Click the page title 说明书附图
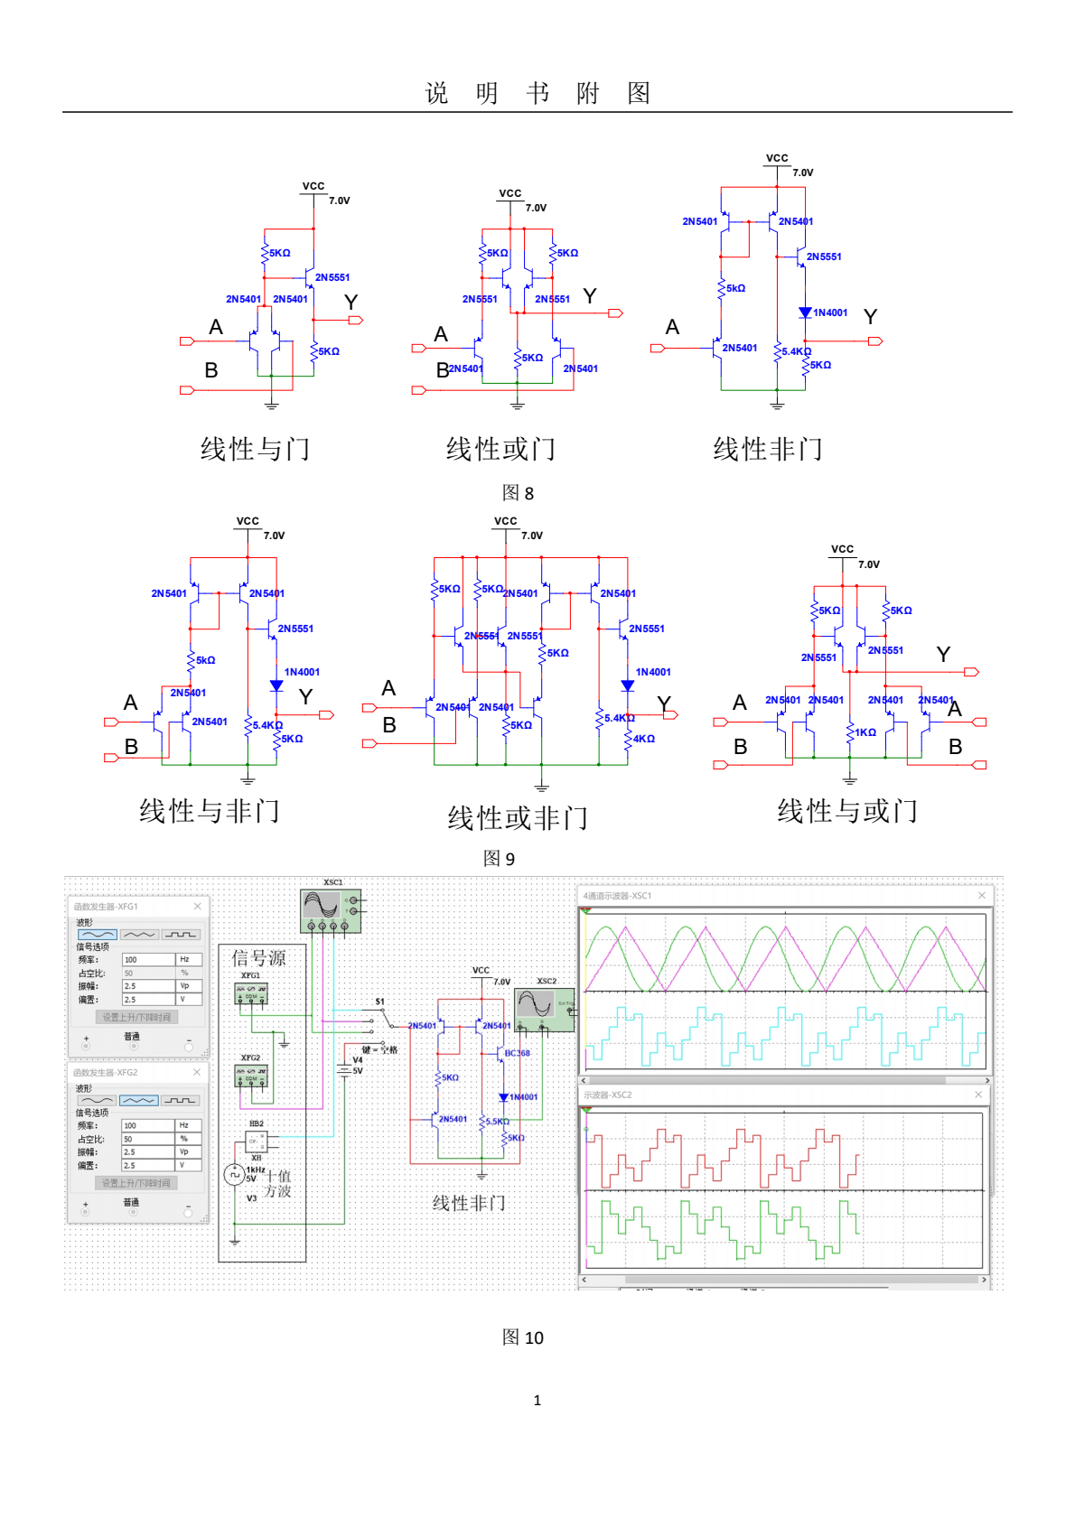(x=537, y=93)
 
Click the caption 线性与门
(x=255, y=449)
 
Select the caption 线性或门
(x=500, y=449)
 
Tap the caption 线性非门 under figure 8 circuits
(x=767, y=449)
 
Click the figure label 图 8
(x=518, y=493)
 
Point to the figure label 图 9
(x=499, y=859)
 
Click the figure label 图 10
(x=522, y=1337)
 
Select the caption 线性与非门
(x=209, y=811)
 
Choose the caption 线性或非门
(x=517, y=818)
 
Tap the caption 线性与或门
(x=847, y=811)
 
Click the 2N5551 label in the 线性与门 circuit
(x=332, y=278)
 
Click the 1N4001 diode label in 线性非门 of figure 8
(x=830, y=313)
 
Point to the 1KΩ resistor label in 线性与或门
(x=865, y=732)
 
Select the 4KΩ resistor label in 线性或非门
(x=644, y=739)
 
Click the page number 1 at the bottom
(x=537, y=1401)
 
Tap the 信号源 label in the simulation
(x=258, y=958)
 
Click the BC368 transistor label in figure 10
(x=517, y=1054)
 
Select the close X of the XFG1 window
(x=197, y=906)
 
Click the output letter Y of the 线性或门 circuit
(x=590, y=296)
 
